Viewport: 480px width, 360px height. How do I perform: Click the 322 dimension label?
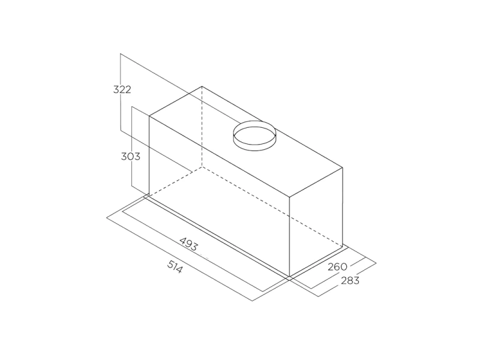tap(122, 89)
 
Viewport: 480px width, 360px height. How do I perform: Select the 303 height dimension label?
tap(130, 157)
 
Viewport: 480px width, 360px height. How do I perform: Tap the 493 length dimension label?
tap(188, 244)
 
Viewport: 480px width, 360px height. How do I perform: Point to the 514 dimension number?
tap(175, 266)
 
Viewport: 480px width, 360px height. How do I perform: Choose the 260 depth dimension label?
tap(338, 267)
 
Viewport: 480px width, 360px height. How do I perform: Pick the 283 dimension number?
tap(350, 280)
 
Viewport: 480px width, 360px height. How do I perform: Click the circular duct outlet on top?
tap(254, 136)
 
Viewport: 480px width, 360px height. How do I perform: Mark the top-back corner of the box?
tap(202, 86)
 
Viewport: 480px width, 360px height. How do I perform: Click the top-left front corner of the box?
tap(149, 116)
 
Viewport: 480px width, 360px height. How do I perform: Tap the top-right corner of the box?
tap(343, 167)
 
